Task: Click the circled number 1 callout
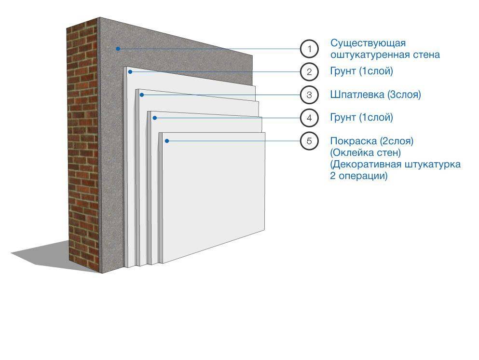pos(309,49)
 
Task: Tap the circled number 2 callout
pos(309,72)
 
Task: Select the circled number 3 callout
pos(309,95)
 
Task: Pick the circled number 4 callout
pos(309,117)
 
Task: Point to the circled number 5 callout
pos(309,141)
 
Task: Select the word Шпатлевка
pos(357,95)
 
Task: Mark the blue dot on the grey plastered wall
pos(117,48)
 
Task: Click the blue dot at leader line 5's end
pos(166,140)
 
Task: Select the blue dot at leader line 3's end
pos(141,95)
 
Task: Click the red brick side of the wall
pos(83,145)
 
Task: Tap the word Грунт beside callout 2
pos(343,72)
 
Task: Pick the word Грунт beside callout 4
pos(343,118)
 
